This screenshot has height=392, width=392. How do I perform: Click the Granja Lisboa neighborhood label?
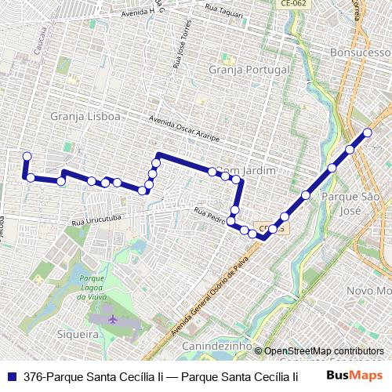tap(85, 116)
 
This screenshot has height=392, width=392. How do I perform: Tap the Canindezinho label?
tap(217, 346)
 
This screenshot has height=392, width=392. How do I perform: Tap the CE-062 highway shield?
tap(295, 4)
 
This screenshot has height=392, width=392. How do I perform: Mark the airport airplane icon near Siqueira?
tap(114, 320)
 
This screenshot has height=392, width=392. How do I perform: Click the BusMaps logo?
tap(354, 376)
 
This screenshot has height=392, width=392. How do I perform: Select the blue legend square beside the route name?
tap(12, 376)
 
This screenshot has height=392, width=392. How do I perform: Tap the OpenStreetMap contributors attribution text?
tap(323, 351)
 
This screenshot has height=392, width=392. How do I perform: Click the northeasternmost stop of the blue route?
tap(367, 132)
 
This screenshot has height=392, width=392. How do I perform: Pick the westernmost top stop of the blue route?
tap(27, 156)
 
